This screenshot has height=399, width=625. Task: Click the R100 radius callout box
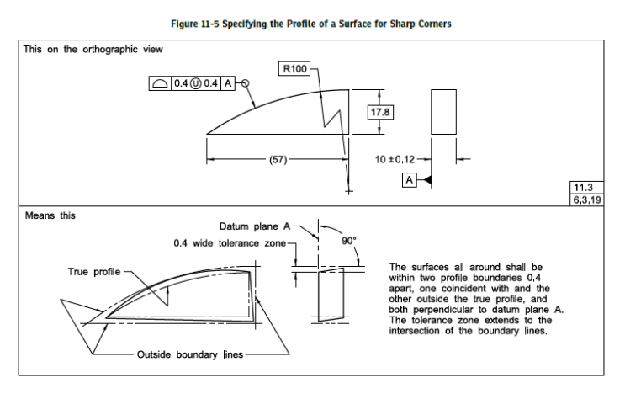pyautogui.click(x=294, y=69)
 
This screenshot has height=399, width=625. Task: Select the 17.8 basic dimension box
pyautogui.click(x=380, y=112)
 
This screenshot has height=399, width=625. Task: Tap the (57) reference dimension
pyautogui.click(x=278, y=160)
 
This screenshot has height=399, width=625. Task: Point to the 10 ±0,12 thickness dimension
pyautogui.click(x=395, y=160)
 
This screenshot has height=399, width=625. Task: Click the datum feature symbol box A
pyautogui.click(x=410, y=180)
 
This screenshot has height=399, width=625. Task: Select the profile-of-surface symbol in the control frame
pyautogui.click(x=160, y=83)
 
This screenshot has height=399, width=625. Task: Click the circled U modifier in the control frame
pyautogui.click(x=195, y=83)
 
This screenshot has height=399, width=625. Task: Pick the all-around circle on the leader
pyautogui.click(x=246, y=83)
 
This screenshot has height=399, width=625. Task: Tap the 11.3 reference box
pyautogui.click(x=586, y=187)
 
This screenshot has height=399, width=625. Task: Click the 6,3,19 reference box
pyautogui.click(x=586, y=199)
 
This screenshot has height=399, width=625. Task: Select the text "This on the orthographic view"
pyautogui.click(x=93, y=50)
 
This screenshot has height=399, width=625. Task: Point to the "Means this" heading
pyautogui.click(x=50, y=215)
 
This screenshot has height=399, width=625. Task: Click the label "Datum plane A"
pyautogui.click(x=255, y=226)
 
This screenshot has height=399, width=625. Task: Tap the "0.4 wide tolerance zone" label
pyautogui.click(x=230, y=243)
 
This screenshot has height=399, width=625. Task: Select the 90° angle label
pyautogui.click(x=349, y=241)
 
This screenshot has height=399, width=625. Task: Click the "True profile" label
pyautogui.click(x=94, y=272)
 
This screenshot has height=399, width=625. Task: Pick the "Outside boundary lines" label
pyautogui.click(x=190, y=354)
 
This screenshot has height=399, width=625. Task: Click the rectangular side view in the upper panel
pyautogui.click(x=443, y=112)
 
